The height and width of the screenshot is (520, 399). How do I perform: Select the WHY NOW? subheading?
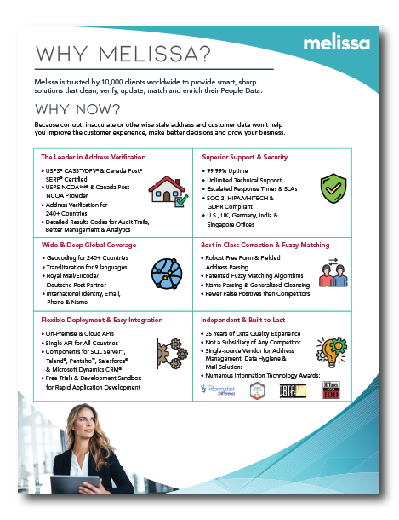pyautogui.click(x=77, y=111)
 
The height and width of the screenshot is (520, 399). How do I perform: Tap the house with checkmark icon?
pyautogui.click(x=167, y=190)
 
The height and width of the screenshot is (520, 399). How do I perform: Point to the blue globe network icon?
pyautogui.click(x=165, y=273)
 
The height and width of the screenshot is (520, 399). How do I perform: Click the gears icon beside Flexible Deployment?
pyautogui.click(x=168, y=358)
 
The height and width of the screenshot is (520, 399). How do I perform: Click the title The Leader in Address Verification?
pyautogui.click(x=94, y=157)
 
